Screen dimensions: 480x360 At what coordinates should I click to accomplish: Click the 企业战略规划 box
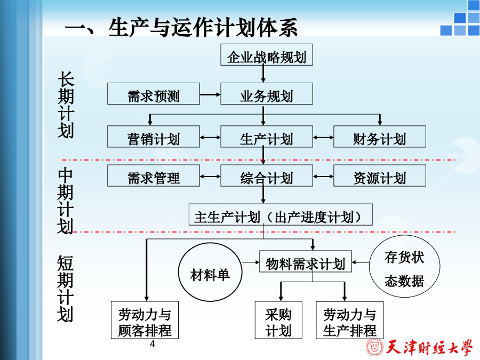point(267,54)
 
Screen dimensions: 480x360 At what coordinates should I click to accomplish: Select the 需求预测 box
point(154,94)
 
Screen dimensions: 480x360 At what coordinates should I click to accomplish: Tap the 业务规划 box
point(267,94)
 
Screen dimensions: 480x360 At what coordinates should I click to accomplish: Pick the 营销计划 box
point(154,137)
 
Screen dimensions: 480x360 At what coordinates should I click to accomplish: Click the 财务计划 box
point(380,137)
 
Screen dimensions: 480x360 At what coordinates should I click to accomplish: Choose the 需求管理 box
point(154,175)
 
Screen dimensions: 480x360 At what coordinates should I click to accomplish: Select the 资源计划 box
point(380,175)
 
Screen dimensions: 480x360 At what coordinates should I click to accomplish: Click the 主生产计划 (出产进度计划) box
point(281,214)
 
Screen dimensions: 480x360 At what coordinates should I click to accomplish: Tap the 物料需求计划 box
point(306,261)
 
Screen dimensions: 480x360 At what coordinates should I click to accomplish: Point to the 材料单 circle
point(210,273)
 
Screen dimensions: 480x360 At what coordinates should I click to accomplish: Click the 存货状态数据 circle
point(404,266)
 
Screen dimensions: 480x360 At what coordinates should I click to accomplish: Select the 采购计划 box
point(278,320)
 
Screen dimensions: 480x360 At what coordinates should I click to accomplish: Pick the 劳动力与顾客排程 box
point(145,320)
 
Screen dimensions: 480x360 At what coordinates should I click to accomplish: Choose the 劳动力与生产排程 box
point(349,320)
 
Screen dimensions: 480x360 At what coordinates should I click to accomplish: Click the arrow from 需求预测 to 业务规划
point(210,94)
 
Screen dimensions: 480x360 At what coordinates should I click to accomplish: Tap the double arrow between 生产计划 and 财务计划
point(323,138)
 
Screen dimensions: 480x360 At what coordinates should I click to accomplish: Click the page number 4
point(153,344)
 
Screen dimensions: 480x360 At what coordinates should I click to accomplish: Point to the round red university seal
point(374,348)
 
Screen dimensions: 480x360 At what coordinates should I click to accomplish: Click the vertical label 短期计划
point(65,289)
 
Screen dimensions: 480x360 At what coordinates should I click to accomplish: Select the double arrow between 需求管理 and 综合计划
point(210,177)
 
